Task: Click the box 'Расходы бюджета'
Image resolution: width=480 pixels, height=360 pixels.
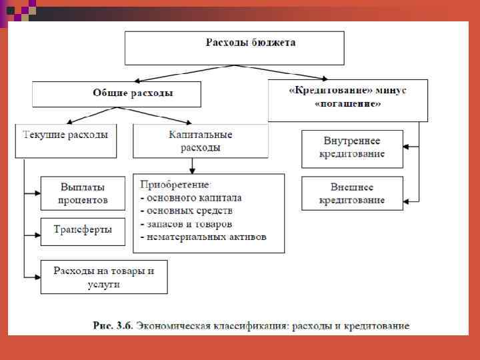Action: (x=235, y=47)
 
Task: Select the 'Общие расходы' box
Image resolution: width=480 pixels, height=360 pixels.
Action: (x=117, y=94)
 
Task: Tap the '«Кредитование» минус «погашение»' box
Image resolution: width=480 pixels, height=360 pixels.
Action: (x=347, y=99)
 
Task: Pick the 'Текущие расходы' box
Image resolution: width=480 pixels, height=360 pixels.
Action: (x=66, y=140)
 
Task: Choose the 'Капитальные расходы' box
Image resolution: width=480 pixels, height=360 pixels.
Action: (x=201, y=141)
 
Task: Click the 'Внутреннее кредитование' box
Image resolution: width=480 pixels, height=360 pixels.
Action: (x=352, y=148)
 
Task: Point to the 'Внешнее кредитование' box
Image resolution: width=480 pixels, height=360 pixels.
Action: (x=352, y=193)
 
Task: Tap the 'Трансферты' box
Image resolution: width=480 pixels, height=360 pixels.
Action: (x=83, y=230)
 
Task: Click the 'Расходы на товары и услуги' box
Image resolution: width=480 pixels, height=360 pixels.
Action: (x=103, y=277)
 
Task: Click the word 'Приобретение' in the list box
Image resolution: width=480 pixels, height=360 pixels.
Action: (x=175, y=185)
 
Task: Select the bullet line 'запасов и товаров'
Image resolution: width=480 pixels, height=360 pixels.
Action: (x=189, y=224)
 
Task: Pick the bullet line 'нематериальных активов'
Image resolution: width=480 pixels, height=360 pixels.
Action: (x=205, y=237)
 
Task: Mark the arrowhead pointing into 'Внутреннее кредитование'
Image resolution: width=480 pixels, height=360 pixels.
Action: (x=407, y=145)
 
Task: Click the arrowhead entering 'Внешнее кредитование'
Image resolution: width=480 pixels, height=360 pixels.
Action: (x=407, y=200)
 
